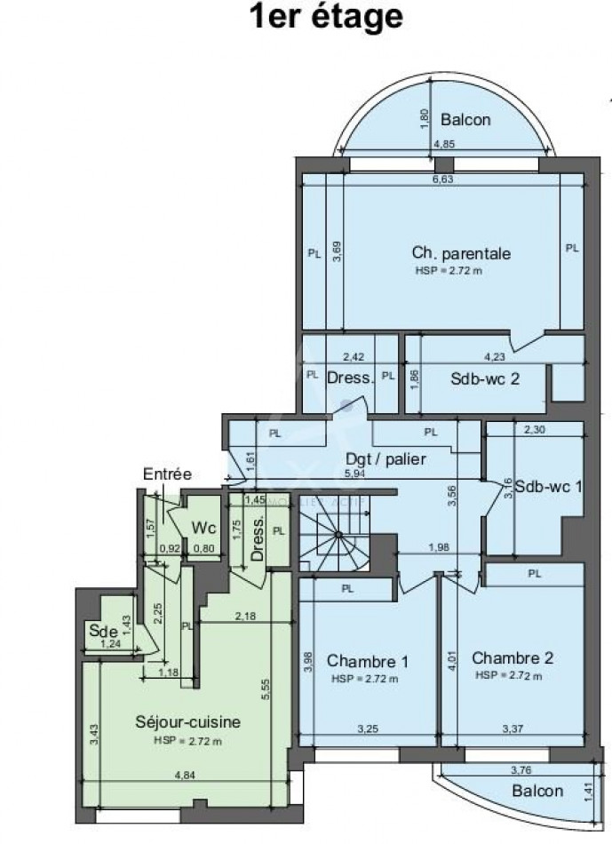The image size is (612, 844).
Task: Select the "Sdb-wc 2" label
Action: pyautogui.click(x=485, y=377)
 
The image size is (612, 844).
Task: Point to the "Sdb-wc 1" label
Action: pyautogui.click(x=548, y=487)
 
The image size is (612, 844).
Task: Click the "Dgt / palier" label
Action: pyautogui.click(x=386, y=459)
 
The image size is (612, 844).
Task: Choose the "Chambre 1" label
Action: pyautogui.click(x=367, y=661)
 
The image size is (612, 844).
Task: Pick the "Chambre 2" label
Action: pyautogui.click(x=513, y=658)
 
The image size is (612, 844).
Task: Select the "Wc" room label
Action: pyautogui.click(x=204, y=528)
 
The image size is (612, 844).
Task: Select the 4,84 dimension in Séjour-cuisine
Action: pyautogui.click(x=185, y=776)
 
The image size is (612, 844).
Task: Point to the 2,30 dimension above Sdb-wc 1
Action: pyautogui.click(x=534, y=431)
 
